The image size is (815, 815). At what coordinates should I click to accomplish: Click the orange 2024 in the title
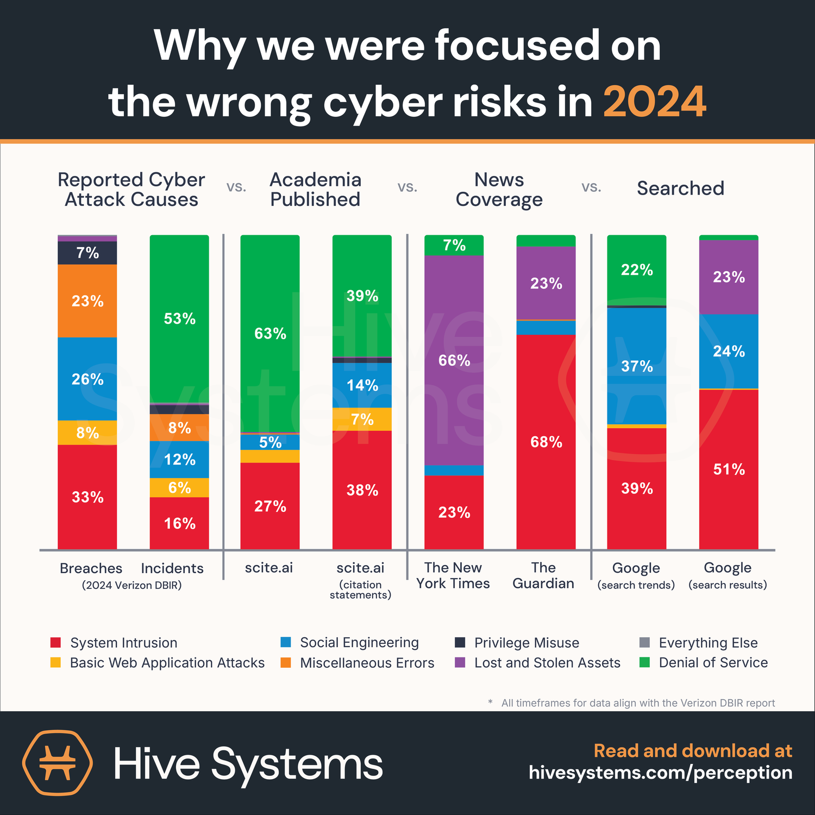[655, 102]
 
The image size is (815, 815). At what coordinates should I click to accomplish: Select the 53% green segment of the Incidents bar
[179, 319]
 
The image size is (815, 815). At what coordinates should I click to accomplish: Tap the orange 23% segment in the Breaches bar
[87, 301]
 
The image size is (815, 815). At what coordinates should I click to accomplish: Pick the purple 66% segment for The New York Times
[454, 360]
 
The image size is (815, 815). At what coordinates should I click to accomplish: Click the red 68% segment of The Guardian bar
[546, 442]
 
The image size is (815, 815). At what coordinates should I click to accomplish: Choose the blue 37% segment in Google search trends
[637, 366]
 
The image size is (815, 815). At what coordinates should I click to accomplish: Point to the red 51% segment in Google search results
[729, 469]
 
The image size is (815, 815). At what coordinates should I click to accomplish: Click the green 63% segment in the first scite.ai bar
[270, 334]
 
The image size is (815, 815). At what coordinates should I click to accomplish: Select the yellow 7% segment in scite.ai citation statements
[362, 419]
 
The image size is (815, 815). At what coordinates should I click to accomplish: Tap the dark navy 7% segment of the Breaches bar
[87, 253]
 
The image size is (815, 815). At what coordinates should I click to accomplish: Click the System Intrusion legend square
[55, 642]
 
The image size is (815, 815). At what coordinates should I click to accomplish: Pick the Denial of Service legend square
[645, 662]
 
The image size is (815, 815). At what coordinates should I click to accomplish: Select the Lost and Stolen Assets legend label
[547, 663]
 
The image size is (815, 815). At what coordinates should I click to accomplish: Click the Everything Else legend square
[645, 642]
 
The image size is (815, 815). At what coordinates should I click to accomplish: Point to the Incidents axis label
[172, 568]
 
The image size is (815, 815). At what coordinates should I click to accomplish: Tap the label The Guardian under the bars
[543, 575]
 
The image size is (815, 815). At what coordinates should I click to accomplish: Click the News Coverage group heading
[499, 190]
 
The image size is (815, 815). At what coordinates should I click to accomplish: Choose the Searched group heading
[681, 188]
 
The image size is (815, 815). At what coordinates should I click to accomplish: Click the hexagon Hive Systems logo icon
[57, 762]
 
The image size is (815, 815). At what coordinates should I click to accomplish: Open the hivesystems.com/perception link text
[661, 773]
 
